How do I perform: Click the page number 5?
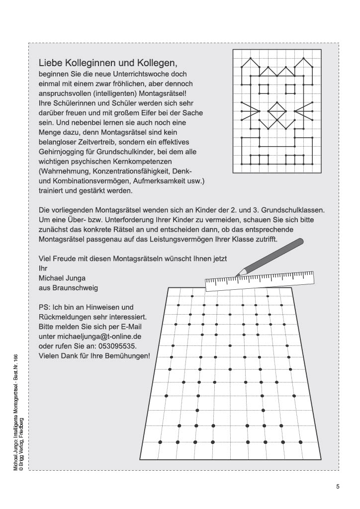[x=338, y=487]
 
